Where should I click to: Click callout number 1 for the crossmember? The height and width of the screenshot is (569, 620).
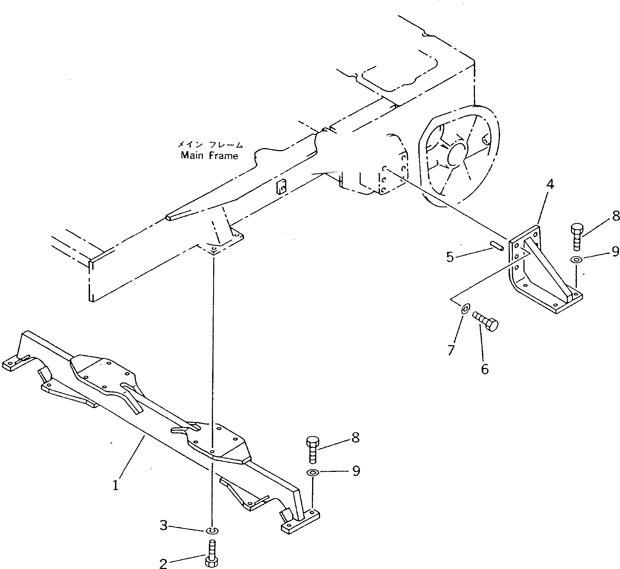115,485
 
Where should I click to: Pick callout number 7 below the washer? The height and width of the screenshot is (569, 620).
451,350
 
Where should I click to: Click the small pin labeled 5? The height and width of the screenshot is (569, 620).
496,246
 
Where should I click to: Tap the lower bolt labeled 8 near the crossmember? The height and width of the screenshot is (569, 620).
313,449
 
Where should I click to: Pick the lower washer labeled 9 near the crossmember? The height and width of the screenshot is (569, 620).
312,472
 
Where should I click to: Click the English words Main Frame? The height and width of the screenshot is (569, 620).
209,155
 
